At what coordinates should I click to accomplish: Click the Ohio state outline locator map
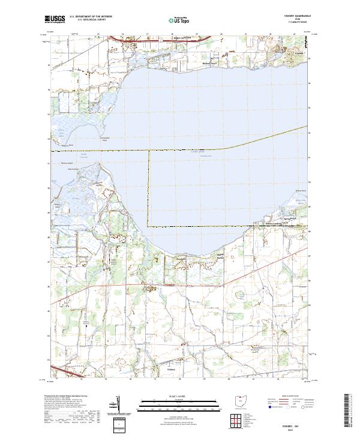click(241, 401)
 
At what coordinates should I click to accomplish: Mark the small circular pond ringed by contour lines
click(239, 294)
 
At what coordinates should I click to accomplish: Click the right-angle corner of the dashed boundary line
click(149, 226)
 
